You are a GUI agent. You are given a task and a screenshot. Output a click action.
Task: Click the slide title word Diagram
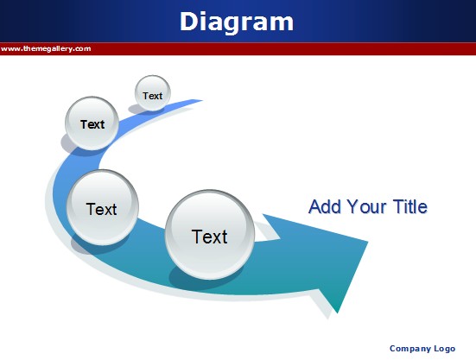coord(237,22)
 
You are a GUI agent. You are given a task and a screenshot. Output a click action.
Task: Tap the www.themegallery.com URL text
coord(46,49)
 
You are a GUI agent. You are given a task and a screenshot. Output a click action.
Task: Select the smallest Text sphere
coord(153,93)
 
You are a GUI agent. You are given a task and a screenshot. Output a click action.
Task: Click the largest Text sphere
coord(210,235)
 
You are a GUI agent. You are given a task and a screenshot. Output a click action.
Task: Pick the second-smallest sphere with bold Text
coord(92,123)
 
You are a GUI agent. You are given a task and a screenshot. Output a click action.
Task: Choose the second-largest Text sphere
coord(103,207)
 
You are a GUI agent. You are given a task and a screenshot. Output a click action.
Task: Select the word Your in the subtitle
coord(367,207)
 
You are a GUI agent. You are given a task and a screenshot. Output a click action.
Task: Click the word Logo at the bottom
coord(445,349)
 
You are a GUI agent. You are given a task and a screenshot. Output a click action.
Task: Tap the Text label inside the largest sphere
coord(209,237)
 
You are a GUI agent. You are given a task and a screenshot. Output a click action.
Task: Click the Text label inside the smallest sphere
coord(153,96)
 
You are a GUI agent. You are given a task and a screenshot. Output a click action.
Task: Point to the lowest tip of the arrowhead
coord(337,313)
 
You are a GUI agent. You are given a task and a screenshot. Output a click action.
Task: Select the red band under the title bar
coord(238,49)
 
